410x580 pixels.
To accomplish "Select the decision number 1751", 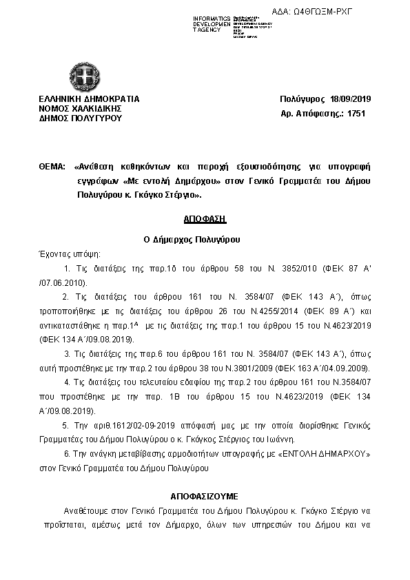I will tap(356, 113).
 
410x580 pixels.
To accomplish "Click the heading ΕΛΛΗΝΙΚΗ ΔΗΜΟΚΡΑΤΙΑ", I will tap(89, 99).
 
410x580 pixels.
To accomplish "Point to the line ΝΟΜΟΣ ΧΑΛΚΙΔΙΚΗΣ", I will tap(80, 108).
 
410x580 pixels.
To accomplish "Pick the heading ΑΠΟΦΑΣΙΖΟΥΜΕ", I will tap(205, 495).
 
